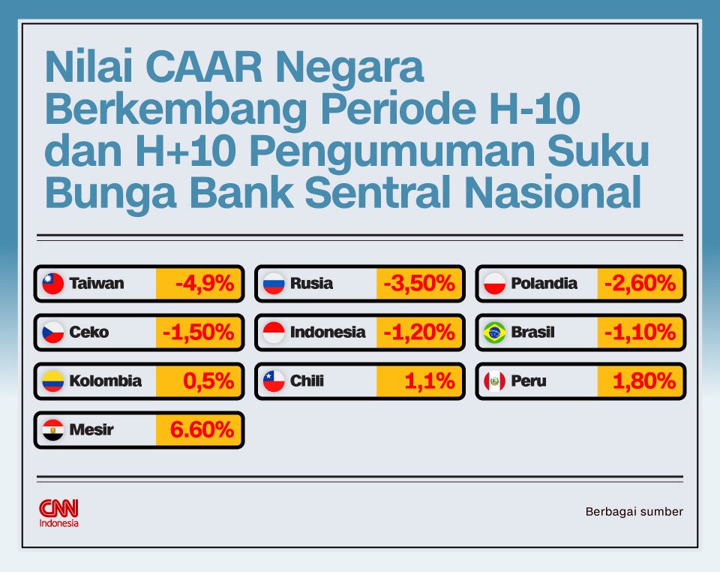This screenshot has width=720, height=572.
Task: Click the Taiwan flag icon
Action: (x=53, y=284)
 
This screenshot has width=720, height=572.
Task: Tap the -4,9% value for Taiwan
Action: (x=204, y=284)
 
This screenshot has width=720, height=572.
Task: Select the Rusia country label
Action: (x=311, y=284)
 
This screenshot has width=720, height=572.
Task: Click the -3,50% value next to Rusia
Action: (x=419, y=284)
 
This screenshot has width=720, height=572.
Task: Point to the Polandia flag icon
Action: (x=494, y=284)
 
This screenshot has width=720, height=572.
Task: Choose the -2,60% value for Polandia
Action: (x=640, y=284)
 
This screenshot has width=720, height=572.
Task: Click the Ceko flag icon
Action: (x=53, y=333)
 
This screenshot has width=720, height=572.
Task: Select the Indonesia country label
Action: (x=328, y=333)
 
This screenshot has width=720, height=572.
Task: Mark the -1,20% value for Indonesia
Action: (x=419, y=333)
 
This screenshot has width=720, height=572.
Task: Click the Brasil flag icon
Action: (x=494, y=333)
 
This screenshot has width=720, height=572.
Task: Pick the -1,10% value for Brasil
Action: (x=640, y=333)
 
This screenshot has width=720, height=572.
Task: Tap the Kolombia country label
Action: (x=105, y=381)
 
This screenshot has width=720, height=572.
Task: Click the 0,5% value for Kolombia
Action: (x=208, y=381)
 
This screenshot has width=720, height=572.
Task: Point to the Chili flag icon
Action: (x=274, y=381)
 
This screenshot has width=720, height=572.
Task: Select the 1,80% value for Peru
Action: (x=643, y=381)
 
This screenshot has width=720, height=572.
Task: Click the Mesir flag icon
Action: (x=53, y=430)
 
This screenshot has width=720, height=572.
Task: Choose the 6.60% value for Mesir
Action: (x=202, y=430)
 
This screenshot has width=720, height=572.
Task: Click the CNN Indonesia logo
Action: (x=58, y=513)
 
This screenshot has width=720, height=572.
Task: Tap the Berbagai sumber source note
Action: (x=634, y=512)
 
